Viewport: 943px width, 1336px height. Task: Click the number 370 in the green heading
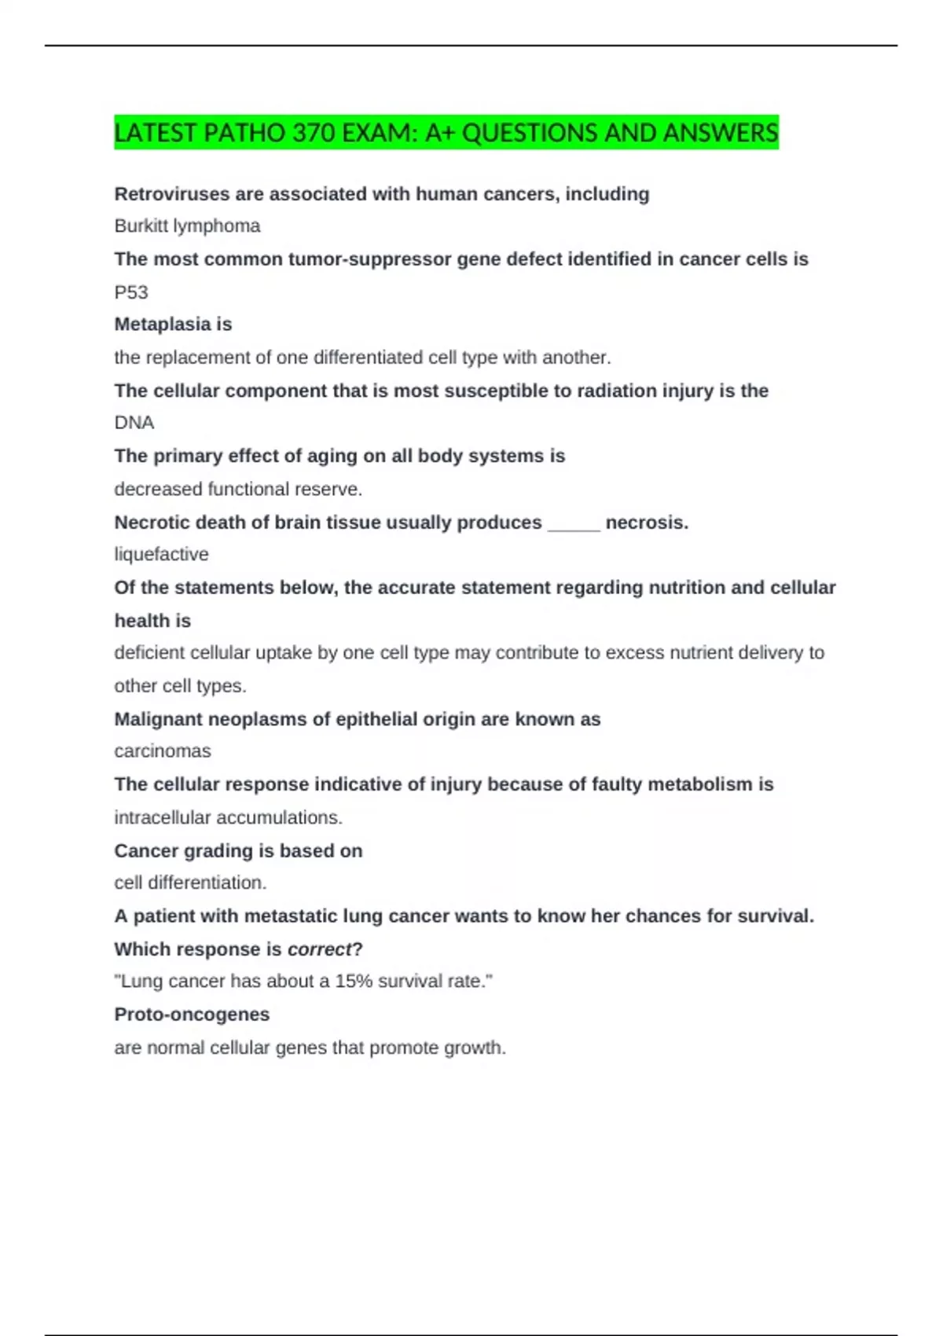[x=314, y=133]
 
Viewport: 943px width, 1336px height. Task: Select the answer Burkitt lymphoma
[x=187, y=226]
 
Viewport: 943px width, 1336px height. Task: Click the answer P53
[x=131, y=292]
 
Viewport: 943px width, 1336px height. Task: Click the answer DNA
[x=134, y=423]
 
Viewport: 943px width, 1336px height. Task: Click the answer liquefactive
[x=161, y=555]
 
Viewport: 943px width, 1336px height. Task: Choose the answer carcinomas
[x=163, y=751]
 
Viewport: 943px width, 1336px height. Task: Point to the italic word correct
[x=319, y=949]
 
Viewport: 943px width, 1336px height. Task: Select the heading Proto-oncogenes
[x=192, y=1015]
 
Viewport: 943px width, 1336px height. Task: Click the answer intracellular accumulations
[x=228, y=818]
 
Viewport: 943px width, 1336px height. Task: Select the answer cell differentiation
[x=190, y=883]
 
